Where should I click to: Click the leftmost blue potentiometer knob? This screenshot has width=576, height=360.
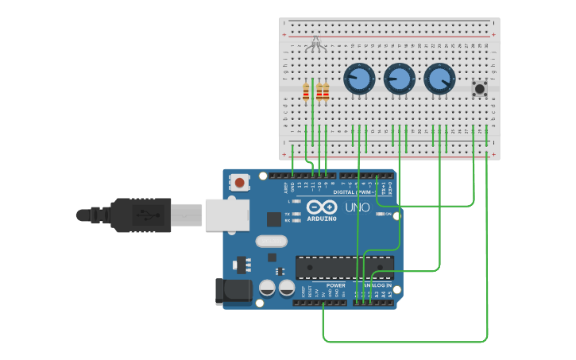[x=359, y=79]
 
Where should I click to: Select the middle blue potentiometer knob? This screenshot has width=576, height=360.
[x=399, y=79]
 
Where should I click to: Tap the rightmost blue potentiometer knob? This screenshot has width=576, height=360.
[x=439, y=79]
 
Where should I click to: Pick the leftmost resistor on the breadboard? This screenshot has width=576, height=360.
[x=306, y=92]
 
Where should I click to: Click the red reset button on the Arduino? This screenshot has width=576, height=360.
[x=239, y=184]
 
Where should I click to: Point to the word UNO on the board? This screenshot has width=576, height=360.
[x=358, y=207]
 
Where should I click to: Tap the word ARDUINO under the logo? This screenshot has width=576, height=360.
[x=322, y=219]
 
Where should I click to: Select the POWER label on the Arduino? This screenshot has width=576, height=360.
[x=336, y=285]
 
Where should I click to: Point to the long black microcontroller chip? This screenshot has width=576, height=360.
[x=344, y=268]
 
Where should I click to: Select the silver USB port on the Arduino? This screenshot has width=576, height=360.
[x=226, y=215]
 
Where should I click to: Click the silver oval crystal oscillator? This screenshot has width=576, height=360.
[x=271, y=241]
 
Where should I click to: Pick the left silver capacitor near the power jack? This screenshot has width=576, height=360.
[x=268, y=288]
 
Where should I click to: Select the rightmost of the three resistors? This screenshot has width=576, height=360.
[x=326, y=92]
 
